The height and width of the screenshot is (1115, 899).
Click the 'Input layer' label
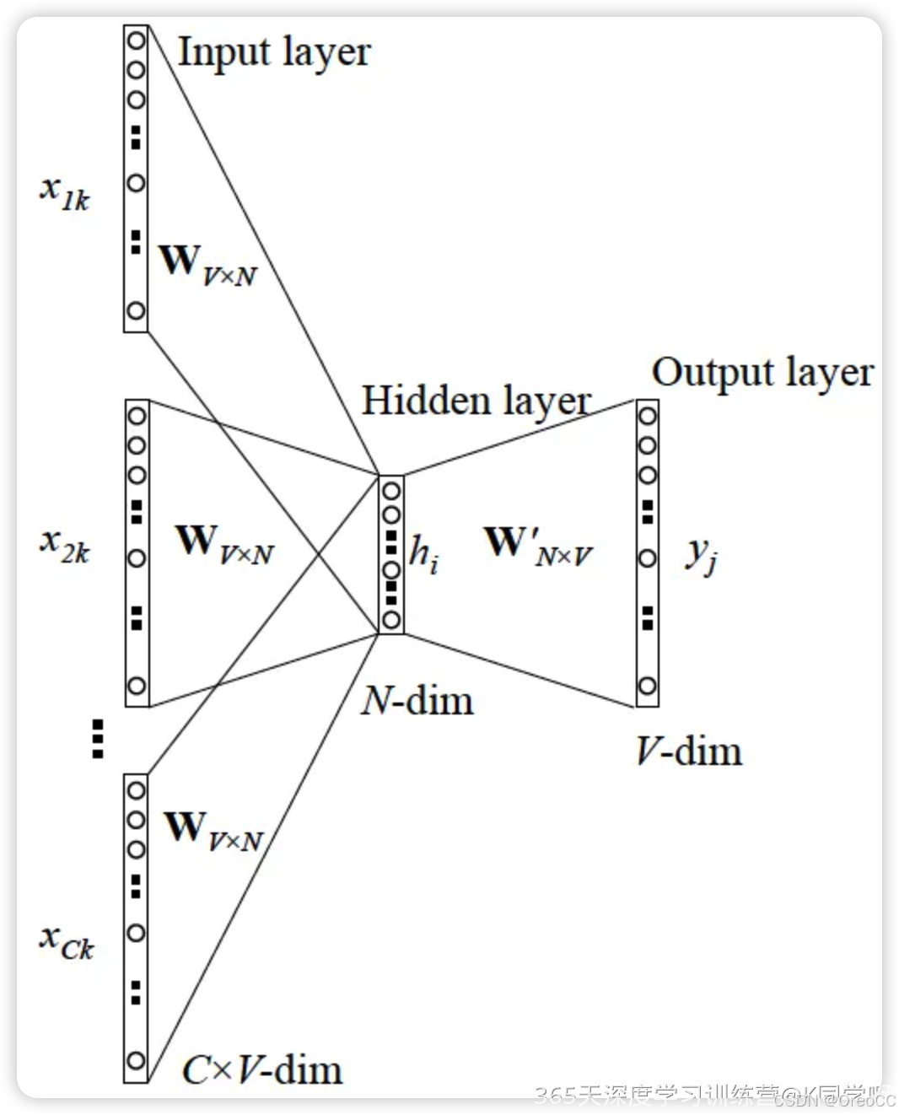[x=274, y=52]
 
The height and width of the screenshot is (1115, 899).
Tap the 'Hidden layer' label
[x=476, y=401]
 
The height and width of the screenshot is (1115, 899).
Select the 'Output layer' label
[x=762, y=373]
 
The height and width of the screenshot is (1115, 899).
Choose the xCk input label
[x=67, y=941]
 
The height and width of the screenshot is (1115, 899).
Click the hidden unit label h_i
[x=423, y=553]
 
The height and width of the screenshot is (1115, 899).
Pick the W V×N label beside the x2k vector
[x=224, y=544]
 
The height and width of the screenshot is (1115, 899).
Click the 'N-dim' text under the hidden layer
[x=417, y=701]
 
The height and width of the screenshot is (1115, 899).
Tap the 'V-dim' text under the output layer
[x=689, y=751]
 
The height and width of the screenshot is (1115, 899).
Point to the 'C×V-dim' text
[x=262, y=1070]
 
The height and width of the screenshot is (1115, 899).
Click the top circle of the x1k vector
[x=136, y=40]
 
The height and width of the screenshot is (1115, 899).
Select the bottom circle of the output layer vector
[x=647, y=686]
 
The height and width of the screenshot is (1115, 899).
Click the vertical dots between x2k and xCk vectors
[x=98, y=738]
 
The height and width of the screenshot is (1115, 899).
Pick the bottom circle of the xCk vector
[x=136, y=1060]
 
